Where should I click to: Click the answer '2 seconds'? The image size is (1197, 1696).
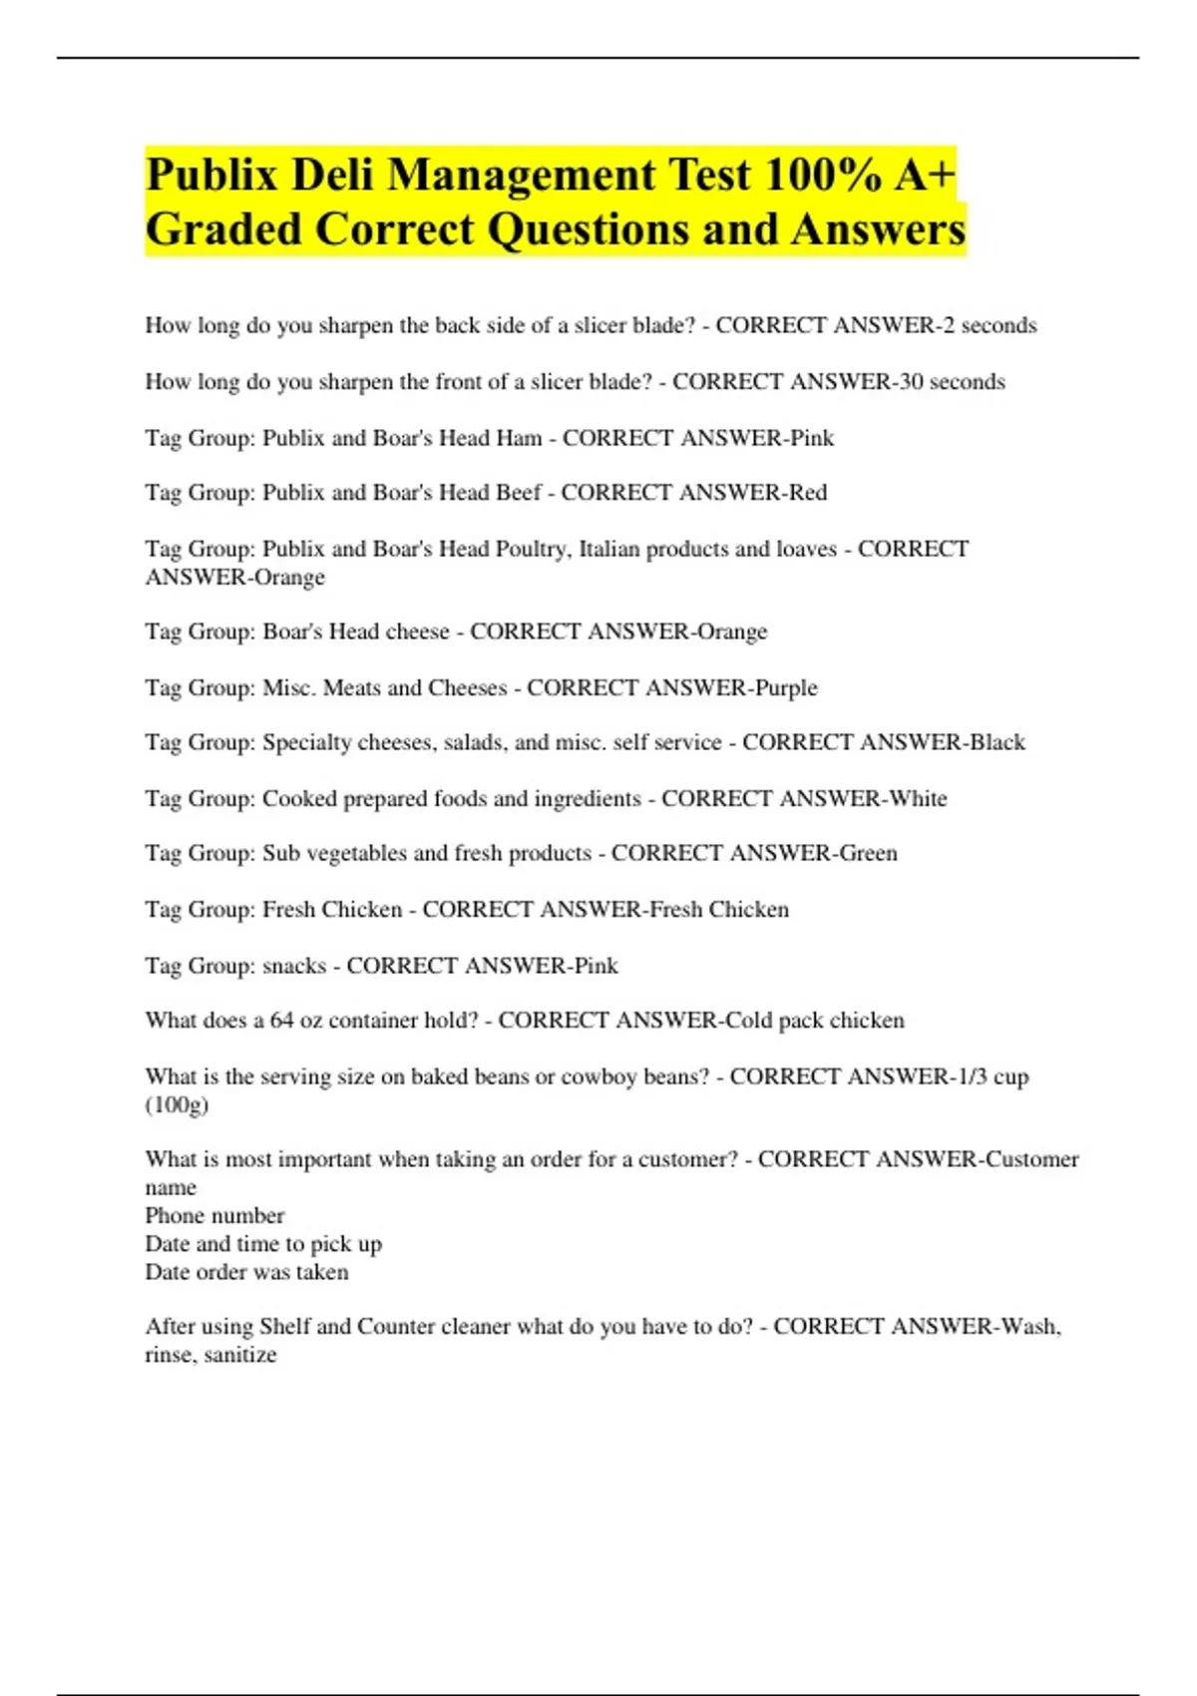pyautogui.click(x=990, y=325)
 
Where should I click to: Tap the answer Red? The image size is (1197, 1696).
pyautogui.click(x=808, y=492)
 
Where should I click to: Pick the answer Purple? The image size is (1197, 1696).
pyautogui.click(x=786, y=687)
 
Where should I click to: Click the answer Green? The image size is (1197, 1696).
pyautogui.click(x=868, y=853)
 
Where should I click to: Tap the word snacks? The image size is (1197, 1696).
pyautogui.click(x=294, y=966)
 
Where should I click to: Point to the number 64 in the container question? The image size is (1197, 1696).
pyautogui.click(x=281, y=1021)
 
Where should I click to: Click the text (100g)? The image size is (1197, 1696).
pyautogui.click(x=177, y=1104)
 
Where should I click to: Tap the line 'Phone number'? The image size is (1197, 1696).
pyautogui.click(x=214, y=1215)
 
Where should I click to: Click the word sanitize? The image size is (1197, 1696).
pyautogui.click(x=239, y=1355)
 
